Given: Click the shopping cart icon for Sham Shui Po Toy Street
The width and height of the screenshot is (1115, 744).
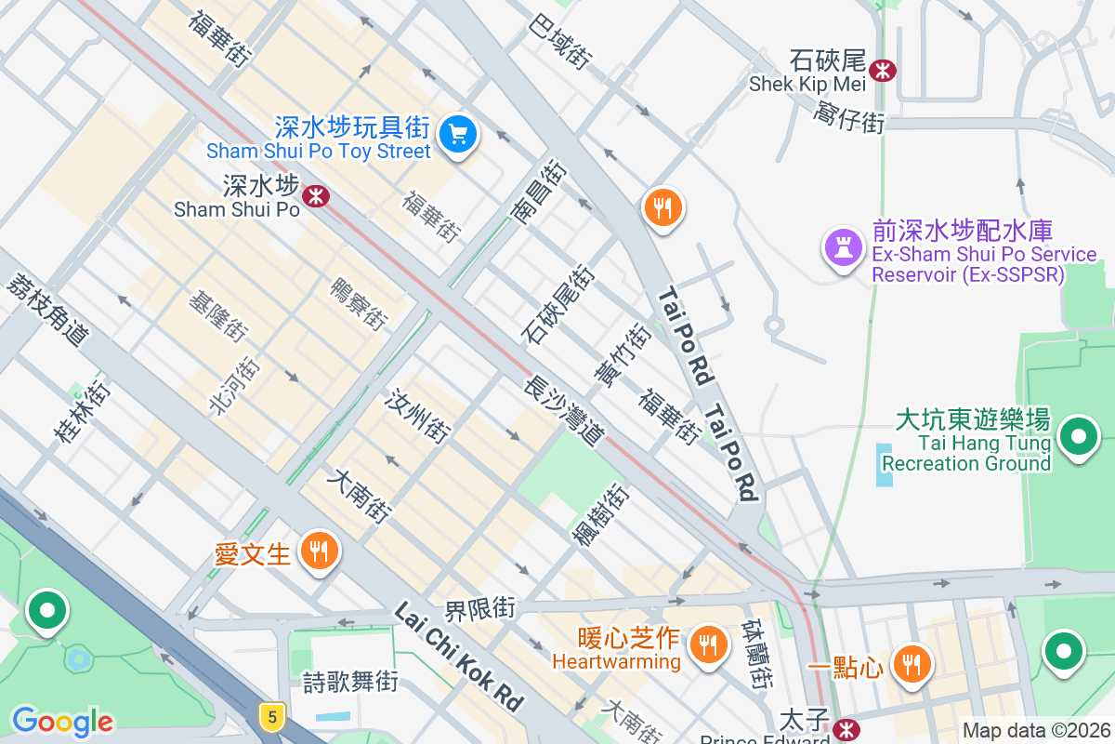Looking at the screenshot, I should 457,134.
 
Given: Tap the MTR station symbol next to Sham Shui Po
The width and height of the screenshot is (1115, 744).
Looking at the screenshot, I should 316,195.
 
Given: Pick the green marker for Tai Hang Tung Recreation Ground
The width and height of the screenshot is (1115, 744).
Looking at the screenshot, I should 1078,435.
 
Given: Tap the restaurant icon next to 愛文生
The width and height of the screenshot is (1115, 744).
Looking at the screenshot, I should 318,551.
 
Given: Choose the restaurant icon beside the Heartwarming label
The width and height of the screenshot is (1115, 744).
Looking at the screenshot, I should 708,643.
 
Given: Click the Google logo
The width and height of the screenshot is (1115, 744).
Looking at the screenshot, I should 62,721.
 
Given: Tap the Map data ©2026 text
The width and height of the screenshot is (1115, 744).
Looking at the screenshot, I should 1036,730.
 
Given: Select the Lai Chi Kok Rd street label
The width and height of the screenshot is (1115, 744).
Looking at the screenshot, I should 459,655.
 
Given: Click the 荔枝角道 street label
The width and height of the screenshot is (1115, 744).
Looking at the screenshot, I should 46,312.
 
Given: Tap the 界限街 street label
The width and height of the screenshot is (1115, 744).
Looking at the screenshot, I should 479,610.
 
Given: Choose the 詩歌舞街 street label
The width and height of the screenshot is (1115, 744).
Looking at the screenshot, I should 351,682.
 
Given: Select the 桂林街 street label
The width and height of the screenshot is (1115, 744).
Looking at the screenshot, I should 82,410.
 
